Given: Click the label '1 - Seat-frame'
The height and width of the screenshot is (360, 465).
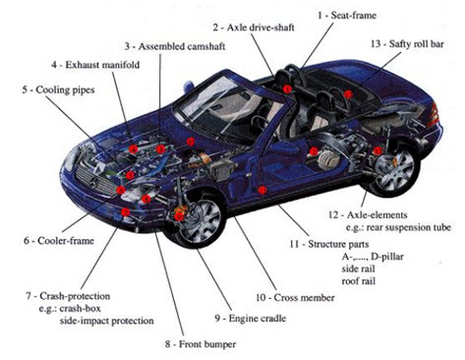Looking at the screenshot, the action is pyautogui.click(x=347, y=15).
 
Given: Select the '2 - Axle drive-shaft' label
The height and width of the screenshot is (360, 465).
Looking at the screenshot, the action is pyautogui.click(x=254, y=28).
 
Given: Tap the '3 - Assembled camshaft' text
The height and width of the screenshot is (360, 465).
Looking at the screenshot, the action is pyautogui.click(x=175, y=46).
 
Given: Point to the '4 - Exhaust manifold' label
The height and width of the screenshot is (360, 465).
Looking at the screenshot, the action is pyautogui.click(x=95, y=65).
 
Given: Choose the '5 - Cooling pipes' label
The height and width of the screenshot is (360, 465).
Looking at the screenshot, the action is pyautogui.click(x=58, y=90).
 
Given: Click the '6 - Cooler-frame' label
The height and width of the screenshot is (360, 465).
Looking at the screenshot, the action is pyautogui.click(x=59, y=241).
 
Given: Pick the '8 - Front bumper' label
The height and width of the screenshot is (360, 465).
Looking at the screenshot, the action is pyautogui.click(x=201, y=344).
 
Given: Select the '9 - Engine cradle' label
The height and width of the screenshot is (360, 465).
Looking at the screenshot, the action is pyautogui.click(x=251, y=318).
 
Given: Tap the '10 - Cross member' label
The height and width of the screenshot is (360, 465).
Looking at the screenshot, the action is pyautogui.click(x=295, y=297).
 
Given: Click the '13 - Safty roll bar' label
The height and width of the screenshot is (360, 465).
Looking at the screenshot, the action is pyautogui.click(x=407, y=44).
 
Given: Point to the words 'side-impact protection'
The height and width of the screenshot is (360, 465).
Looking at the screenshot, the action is pyautogui.click(x=106, y=321).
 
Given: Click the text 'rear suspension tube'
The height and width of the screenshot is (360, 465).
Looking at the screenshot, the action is pyautogui.click(x=408, y=227).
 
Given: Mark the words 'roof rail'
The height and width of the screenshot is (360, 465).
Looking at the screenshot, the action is pyautogui.click(x=359, y=281).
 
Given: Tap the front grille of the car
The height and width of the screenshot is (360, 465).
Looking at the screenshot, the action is pyautogui.click(x=96, y=179).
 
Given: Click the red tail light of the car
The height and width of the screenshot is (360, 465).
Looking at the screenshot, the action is pyautogui.click(x=434, y=115).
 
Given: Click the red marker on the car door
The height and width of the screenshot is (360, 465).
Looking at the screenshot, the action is pyautogui.click(x=262, y=190).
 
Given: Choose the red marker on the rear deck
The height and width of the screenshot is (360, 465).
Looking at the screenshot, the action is pyautogui.click(x=348, y=94).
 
